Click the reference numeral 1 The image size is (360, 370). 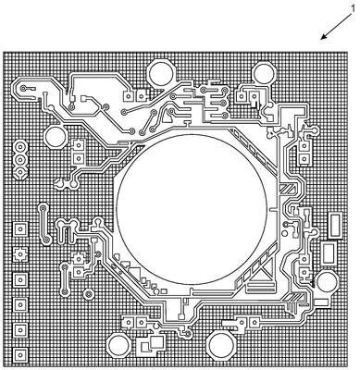click(354, 8)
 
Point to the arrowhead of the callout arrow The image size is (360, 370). click(323, 38)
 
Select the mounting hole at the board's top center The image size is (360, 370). click(160, 73)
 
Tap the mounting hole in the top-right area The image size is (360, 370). click(264, 72)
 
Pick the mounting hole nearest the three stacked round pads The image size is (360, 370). click(56, 136)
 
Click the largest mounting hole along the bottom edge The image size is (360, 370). click(220, 345)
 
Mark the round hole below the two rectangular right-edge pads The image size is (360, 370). click(326, 281)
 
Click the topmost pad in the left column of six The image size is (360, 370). click(20, 229)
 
